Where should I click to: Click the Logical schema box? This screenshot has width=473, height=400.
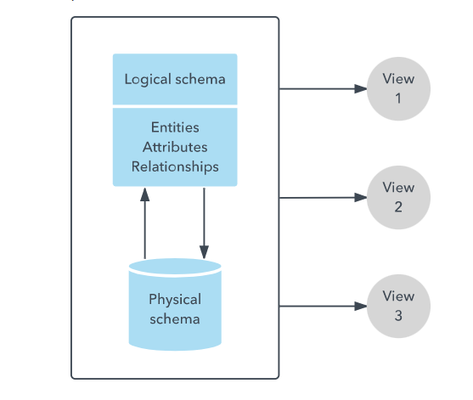(x=175, y=79)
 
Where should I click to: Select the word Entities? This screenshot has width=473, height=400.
(x=175, y=127)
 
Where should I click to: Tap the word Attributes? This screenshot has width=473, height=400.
(x=175, y=146)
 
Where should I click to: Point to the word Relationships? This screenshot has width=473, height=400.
(x=175, y=166)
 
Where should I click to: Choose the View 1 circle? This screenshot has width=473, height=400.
(x=398, y=88)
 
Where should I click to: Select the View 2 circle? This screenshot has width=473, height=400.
(x=398, y=196)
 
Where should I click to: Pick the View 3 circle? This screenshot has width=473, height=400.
(x=398, y=306)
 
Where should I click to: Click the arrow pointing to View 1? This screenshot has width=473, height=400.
(x=323, y=87)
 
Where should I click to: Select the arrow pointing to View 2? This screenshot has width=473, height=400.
(x=323, y=197)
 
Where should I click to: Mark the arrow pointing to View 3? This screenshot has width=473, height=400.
(x=323, y=306)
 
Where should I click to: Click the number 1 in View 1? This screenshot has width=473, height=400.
(x=398, y=98)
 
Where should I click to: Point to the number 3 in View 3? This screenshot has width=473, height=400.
(x=398, y=315)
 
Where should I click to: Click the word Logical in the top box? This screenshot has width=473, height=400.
(x=148, y=79)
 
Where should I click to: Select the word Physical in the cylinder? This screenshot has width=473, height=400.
(x=175, y=299)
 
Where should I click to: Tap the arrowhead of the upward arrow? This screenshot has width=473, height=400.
(x=145, y=194)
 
